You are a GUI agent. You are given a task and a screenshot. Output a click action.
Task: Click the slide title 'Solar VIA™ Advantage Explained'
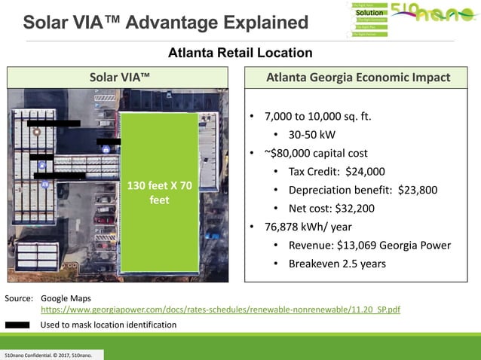(165, 22)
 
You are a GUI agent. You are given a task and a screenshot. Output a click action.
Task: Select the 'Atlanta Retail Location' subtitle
(240, 53)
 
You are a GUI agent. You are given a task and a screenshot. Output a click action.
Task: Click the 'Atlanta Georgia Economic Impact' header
(358, 77)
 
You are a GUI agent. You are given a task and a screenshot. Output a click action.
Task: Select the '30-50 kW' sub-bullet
(312, 136)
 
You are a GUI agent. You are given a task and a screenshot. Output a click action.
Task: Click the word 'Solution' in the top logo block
(369, 13)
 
